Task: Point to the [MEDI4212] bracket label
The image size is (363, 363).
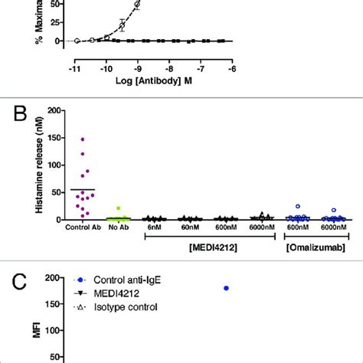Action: click(211, 250)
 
